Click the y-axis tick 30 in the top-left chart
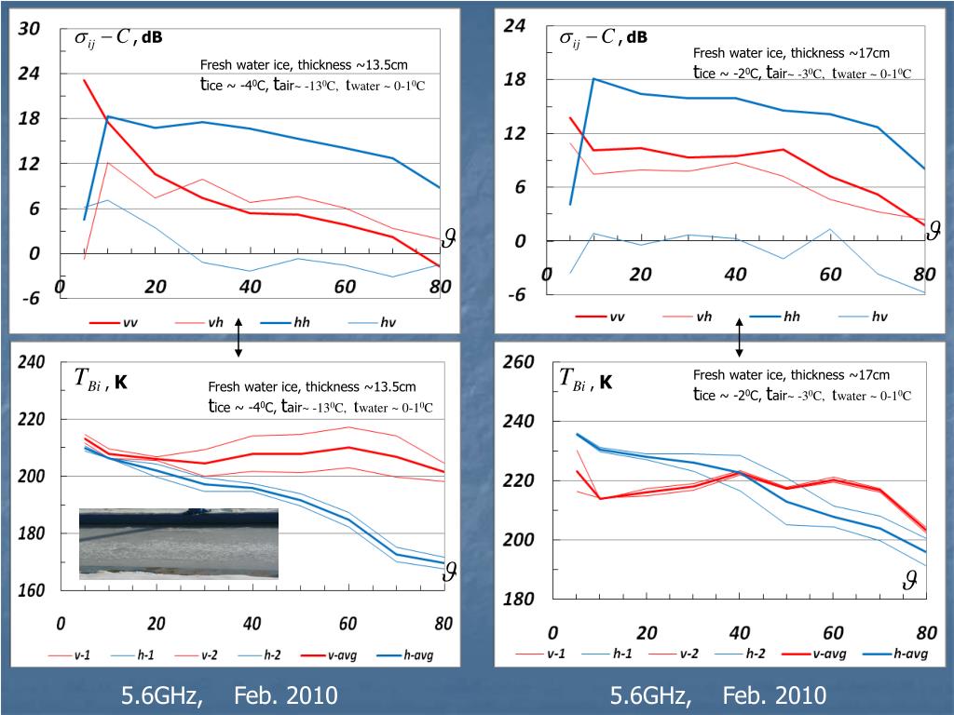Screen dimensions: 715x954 tap(30, 29)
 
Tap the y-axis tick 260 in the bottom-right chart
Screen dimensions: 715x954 tap(518, 362)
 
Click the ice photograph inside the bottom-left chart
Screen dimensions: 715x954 tap(178, 544)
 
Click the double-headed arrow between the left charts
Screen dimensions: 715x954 tap(238, 337)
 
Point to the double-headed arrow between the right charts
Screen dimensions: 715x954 tap(740, 337)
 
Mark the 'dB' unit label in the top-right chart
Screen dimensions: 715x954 tap(636, 38)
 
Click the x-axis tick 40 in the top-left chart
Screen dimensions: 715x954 tap(250, 287)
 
